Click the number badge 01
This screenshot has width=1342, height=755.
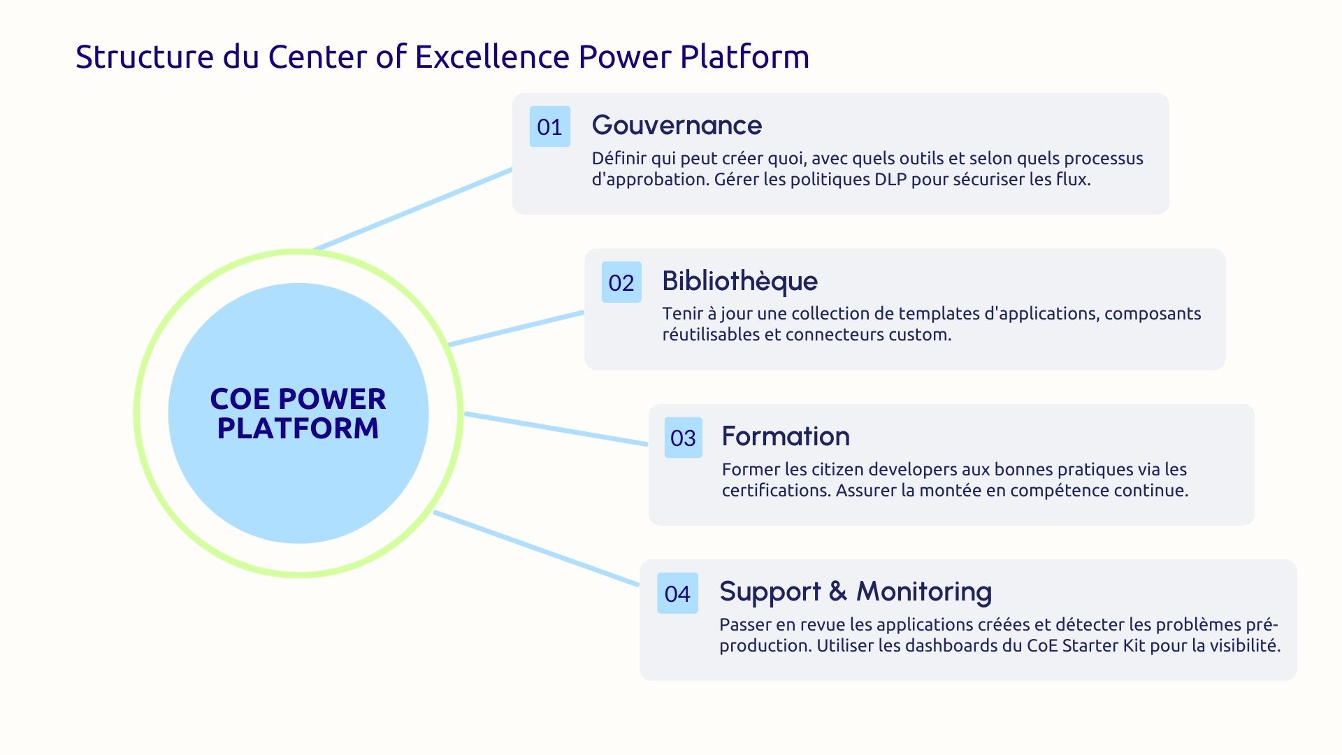coord(549,127)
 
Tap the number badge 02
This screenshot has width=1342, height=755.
coord(621,282)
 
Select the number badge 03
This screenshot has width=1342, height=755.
coord(683,438)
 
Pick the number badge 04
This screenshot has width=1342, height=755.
coord(677,594)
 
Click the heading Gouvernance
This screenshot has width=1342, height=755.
coord(677,126)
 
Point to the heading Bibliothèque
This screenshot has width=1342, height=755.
coord(739,281)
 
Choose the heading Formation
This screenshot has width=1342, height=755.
coord(786,436)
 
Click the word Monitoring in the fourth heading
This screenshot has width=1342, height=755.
coord(923,591)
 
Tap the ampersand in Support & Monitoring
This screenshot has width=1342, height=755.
coord(837,591)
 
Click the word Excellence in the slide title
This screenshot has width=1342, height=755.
coord(492,57)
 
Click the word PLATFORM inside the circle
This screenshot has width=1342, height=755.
coord(298,428)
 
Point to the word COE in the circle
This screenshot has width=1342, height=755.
coord(239,399)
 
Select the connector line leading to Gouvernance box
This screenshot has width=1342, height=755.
coord(412,209)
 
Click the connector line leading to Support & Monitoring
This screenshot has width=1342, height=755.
coord(536,549)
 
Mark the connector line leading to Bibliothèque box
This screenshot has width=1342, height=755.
coord(516,329)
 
